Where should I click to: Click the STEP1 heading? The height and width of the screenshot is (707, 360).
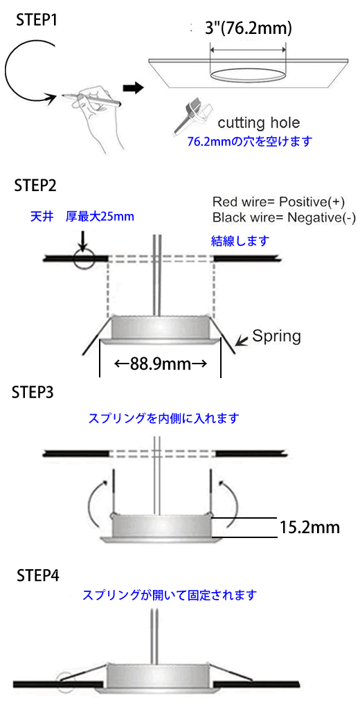pos(37,20)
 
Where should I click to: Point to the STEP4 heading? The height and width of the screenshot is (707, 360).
pos(38,575)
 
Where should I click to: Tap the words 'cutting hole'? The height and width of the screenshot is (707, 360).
pos(259,122)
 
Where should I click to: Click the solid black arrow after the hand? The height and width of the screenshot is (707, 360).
pos(133,87)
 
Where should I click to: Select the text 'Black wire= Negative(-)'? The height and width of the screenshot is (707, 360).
pos(284,218)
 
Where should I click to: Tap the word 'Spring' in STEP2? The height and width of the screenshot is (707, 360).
pos(276,336)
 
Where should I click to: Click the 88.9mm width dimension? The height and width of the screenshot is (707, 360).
pos(161,364)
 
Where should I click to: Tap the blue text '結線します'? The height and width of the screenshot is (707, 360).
pos(241,241)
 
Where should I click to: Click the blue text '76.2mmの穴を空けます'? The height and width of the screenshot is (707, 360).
pos(250,141)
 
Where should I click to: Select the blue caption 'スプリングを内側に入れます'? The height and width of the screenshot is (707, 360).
pos(163,419)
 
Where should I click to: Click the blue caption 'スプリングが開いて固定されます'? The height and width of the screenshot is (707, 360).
pos(170,596)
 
